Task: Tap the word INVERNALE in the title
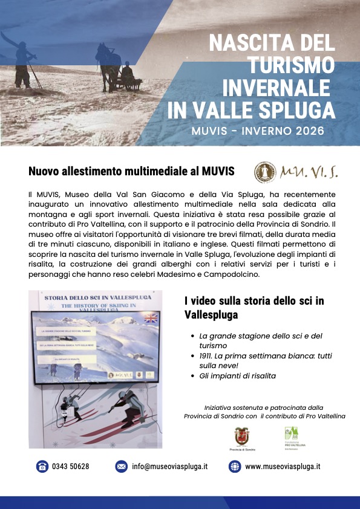279,88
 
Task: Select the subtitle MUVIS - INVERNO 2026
257,131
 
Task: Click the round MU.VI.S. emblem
264,172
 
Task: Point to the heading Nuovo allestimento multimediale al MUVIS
131,172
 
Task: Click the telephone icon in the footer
42,467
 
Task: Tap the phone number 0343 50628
71,467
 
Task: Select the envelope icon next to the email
122,467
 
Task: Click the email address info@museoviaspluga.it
170,467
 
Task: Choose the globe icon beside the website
235,467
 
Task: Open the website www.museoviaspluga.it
283,467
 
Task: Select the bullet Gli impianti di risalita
237,376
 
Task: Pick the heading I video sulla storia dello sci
254,308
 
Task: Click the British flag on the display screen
148,319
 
